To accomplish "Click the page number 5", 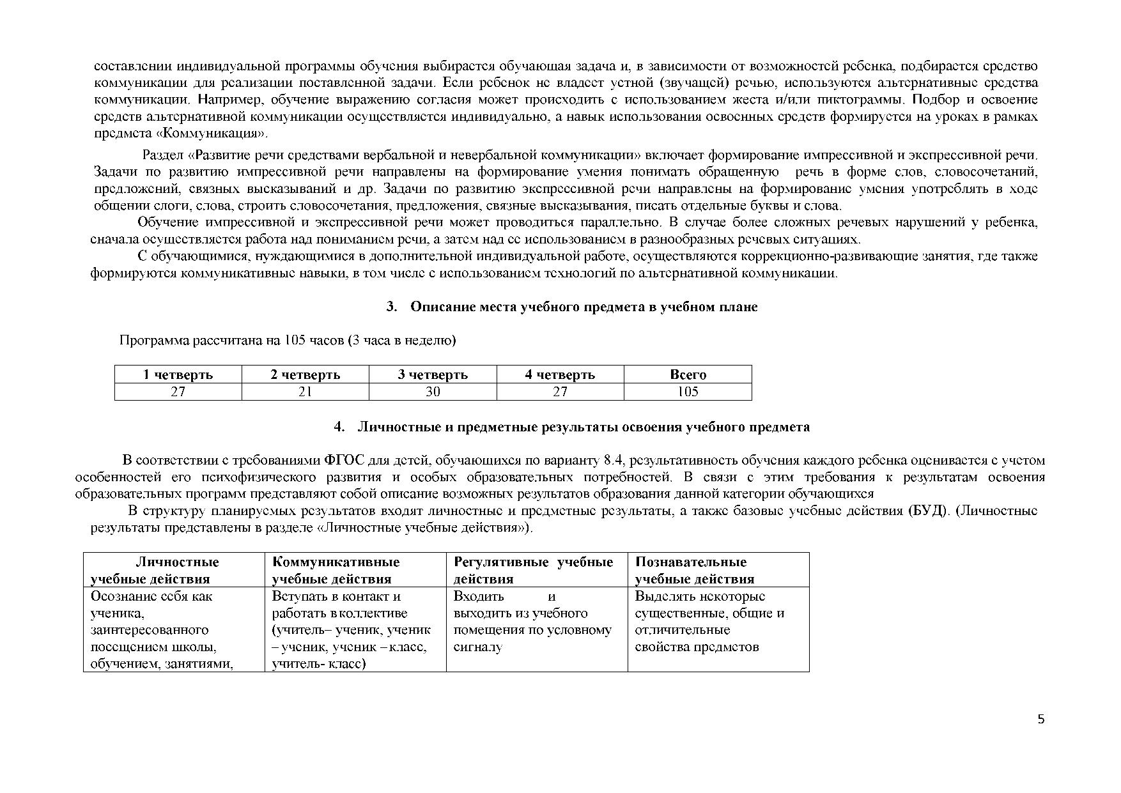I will (x=1041, y=720).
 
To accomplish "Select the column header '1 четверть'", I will (x=178, y=374).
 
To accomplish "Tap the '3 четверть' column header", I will (x=433, y=374).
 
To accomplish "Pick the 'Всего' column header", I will (x=688, y=374).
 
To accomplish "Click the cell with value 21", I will (x=305, y=392).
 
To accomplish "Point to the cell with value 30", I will (x=433, y=392).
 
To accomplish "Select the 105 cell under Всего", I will (x=688, y=392).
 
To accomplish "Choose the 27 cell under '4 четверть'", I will (x=560, y=392).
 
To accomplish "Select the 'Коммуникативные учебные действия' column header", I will (x=336, y=570).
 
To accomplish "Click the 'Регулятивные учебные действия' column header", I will (x=533, y=570).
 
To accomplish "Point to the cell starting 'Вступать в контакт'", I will (x=352, y=629).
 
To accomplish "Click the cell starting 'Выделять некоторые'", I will (x=709, y=621).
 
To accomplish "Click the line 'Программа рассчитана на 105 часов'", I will (x=288, y=341).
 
